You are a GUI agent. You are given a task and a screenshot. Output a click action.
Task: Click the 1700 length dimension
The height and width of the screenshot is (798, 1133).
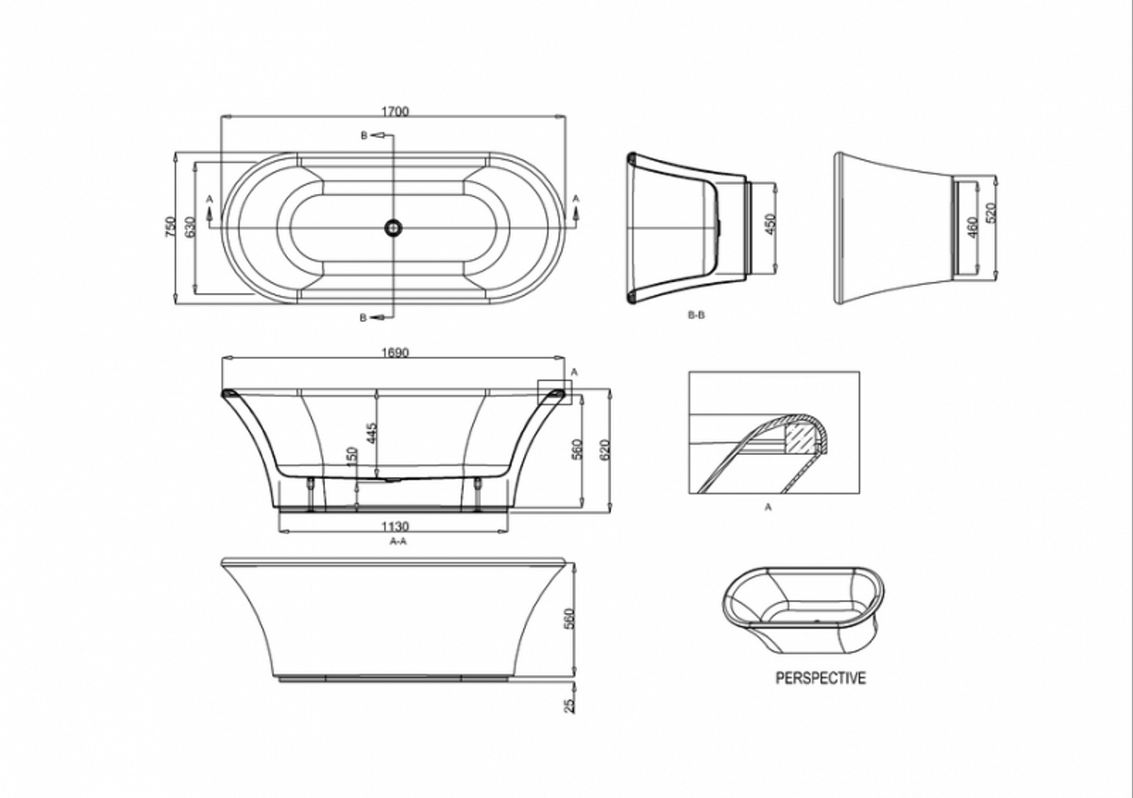pos(395,111)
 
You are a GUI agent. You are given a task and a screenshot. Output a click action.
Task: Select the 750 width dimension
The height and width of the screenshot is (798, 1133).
pos(170,227)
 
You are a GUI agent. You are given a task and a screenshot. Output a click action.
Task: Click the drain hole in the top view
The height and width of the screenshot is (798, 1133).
pos(393,227)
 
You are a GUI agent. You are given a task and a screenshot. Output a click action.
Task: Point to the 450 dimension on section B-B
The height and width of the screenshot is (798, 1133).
pos(769,224)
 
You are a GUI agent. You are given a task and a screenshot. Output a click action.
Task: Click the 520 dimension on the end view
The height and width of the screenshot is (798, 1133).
pos(989,212)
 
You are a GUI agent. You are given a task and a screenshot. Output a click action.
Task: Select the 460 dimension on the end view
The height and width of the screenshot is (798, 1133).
pos(970,226)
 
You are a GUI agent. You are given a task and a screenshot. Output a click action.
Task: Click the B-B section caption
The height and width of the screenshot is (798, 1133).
pos(696,315)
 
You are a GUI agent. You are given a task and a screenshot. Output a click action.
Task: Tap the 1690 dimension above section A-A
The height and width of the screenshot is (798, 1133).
pos(395,353)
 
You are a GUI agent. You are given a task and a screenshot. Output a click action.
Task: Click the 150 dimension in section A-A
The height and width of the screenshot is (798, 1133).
pos(351,457)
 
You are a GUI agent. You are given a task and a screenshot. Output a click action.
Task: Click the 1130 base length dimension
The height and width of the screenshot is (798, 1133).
pos(397,527)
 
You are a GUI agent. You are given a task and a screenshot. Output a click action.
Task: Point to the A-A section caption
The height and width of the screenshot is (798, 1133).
pos(397,542)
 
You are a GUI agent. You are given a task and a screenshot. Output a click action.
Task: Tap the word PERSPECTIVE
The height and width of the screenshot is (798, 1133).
pos(820,677)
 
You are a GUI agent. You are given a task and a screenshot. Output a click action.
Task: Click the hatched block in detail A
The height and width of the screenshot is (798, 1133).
pos(801,436)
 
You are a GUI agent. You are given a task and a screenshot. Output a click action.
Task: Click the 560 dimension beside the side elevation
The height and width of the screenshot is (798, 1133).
pos(568,619)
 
